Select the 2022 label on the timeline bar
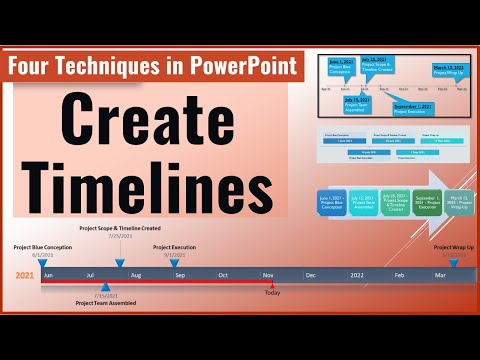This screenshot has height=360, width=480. click(x=356, y=274)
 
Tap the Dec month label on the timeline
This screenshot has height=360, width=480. click(x=311, y=274)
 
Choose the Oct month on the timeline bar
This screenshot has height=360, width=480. click(x=224, y=274)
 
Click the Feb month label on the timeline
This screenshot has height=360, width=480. click(x=399, y=274)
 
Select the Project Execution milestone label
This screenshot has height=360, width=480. click(x=174, y=246)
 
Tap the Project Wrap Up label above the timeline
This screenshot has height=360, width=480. click(x=455, y=246)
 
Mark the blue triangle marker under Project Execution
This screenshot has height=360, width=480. click(x=175, y=262)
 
